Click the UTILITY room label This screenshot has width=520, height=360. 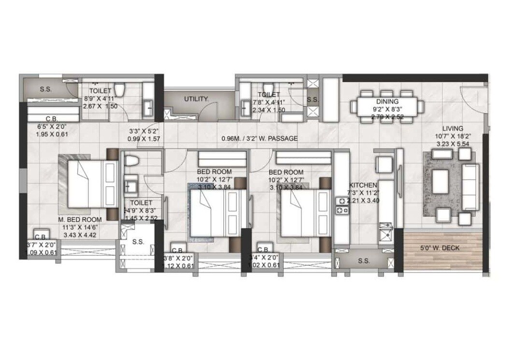(196, 99)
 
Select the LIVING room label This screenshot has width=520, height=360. (452, 129)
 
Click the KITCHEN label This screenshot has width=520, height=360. (363, 185)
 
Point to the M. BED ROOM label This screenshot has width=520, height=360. (80, 219)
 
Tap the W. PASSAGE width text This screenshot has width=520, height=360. (259, 139)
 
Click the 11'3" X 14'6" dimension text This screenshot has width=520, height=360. (80, 227)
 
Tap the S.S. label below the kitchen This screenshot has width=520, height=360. (364, 261)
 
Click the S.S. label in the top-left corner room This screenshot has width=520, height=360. (46, 89)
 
